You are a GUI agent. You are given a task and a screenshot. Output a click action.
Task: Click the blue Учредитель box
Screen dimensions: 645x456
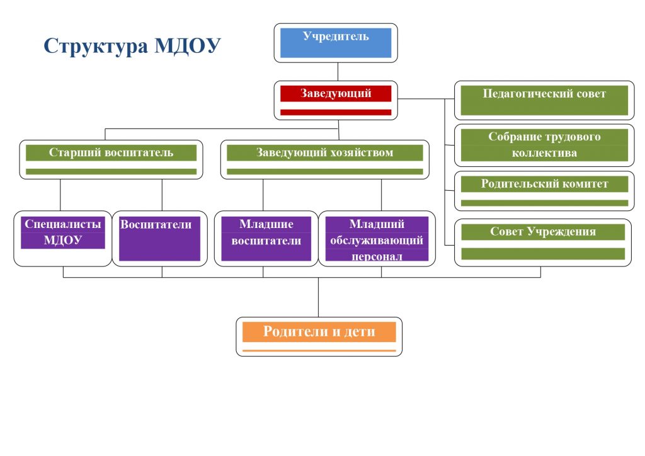point(336,43)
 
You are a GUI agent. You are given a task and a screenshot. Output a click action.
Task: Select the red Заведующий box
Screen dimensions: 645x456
point(336,100)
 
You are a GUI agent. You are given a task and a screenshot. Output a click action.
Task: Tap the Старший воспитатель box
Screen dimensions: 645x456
point(111,159)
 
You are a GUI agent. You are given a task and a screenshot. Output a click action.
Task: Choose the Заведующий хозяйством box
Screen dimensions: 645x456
point(325,159)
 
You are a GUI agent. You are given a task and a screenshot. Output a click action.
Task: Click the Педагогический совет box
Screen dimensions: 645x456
point(544,100)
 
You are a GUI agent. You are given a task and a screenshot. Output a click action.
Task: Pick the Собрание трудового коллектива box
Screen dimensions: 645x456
point(544,145)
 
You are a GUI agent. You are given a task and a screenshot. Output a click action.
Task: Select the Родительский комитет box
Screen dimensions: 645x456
point(544,191)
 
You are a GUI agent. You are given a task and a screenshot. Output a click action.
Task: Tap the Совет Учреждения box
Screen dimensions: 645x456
point(542,242)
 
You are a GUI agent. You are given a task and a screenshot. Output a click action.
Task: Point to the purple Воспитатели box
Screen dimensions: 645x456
point(159,239)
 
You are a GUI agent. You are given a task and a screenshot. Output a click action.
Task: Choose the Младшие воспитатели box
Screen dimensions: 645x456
point(266,239)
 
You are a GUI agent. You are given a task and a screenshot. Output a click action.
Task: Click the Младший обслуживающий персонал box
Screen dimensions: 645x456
point(377,239)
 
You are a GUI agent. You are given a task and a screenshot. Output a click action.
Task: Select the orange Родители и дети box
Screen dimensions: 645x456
point(319,336)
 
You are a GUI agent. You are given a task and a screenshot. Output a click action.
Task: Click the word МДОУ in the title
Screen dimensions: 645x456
point(188,45)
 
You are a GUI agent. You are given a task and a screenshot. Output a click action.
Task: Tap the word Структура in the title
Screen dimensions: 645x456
point(96,46)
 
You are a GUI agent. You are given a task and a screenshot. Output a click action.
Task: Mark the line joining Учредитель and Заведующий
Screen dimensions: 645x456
point(338,72)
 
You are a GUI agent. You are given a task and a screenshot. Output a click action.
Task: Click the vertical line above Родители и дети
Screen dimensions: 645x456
point(318,297)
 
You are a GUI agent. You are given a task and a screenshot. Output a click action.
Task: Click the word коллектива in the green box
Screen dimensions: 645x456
point(544,153)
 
